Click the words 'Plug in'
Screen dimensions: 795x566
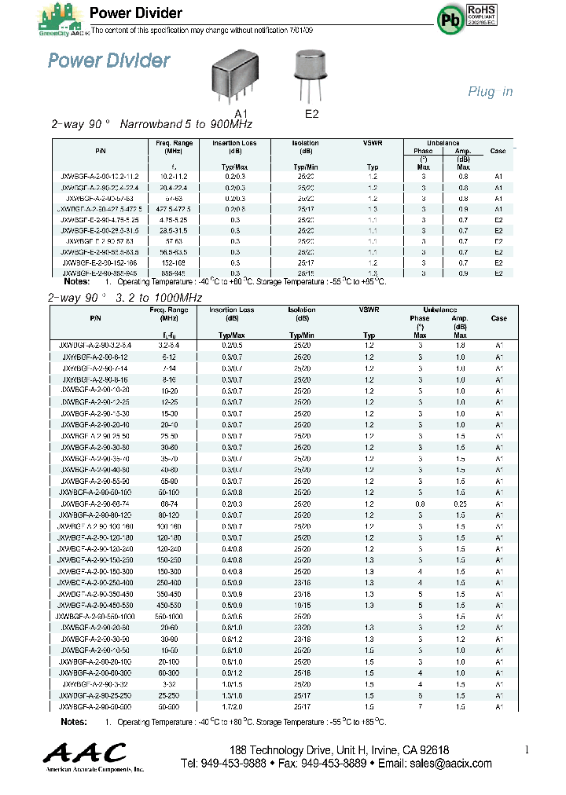[x=491, y=92]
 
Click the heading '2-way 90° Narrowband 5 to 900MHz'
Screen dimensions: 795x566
[x=152, y=125]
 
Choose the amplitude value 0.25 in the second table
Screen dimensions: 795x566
[x=460, y=503]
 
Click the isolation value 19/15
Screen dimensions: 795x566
[x=303, y=606]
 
